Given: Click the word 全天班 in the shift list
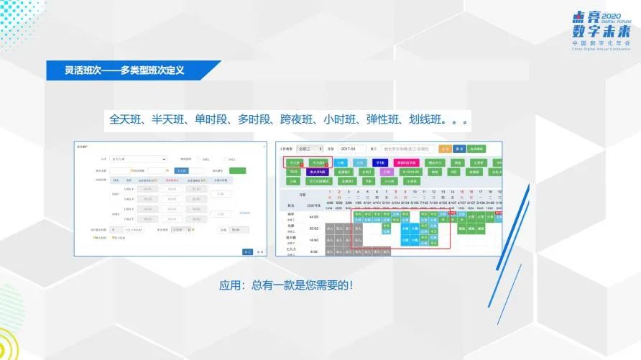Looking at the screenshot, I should point(126,118).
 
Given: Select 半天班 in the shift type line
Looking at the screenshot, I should point(170,118).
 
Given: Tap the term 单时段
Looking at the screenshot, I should point(213,118).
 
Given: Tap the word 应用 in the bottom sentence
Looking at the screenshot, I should point(230,285).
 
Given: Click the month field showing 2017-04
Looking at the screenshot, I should point(352,149).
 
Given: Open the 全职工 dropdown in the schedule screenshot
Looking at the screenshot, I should point(310,149).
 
